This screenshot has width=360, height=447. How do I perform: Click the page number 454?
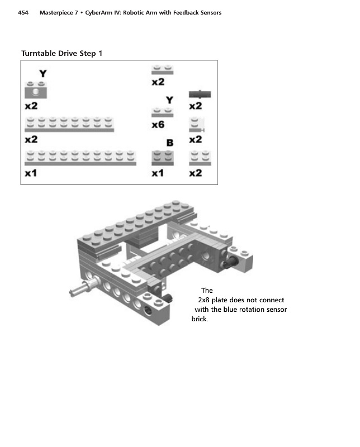pos(23,12)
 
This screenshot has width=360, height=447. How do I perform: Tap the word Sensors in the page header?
pos(208,12)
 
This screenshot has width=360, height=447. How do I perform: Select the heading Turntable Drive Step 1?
pos(61,54)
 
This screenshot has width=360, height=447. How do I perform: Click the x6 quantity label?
pos(158,125)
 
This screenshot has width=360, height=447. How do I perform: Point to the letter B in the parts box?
pos(169,143)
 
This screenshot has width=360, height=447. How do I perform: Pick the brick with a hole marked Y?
pos(34,90)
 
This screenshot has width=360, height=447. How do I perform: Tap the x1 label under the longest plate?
pos(31,174)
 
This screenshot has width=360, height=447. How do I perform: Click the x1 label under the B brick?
pos(158,174)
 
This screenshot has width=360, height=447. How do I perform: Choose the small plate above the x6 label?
pos(163,112)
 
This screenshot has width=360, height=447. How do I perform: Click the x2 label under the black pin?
pos(195,106)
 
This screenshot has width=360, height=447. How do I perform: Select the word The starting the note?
pos(207,291)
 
